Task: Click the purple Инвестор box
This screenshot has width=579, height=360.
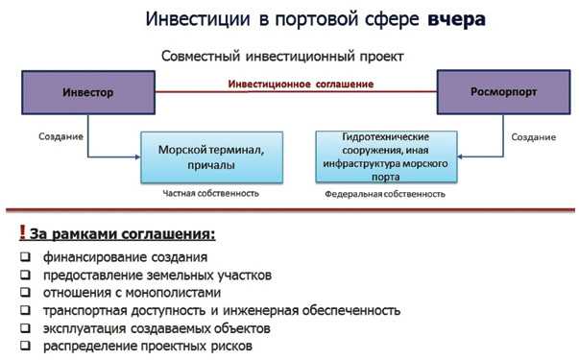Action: point(88,92)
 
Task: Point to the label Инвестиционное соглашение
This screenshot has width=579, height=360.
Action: point(301,84)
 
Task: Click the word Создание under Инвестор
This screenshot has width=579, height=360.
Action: point(60,136)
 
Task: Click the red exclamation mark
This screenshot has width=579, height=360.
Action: point(21,233)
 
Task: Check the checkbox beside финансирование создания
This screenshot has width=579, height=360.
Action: point(23,258)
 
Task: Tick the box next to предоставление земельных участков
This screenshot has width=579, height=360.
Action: point(23,276)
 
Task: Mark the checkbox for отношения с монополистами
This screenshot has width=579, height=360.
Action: point(23,293)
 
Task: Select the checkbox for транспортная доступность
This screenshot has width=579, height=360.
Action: point(23,311)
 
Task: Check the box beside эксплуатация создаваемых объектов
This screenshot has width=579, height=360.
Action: point(23,328)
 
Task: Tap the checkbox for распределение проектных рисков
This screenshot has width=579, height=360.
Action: point(23,346)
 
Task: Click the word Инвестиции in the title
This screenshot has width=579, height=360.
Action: point(197,19)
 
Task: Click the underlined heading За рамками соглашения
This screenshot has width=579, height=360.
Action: point(122,234)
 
